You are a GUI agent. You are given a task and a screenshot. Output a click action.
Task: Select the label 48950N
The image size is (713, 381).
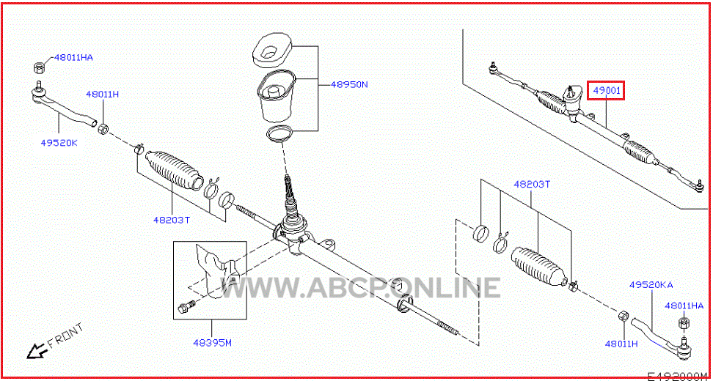click(348, 84)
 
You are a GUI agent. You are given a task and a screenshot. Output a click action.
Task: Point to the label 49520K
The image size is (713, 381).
click(59, 143)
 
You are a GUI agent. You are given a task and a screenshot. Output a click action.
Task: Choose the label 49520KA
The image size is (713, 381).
click(651, 285)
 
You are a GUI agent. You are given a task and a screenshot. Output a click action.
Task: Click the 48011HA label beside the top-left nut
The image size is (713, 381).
click(73, 58)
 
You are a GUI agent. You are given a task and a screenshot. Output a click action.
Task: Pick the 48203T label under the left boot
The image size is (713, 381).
click(171, 221)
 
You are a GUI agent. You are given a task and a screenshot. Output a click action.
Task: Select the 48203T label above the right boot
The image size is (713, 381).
click(532, 185)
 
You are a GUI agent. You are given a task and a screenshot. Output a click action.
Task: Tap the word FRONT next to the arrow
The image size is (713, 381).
click(65, 335)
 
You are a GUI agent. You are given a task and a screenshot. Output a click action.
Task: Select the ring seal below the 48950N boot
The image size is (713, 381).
click(279, 133)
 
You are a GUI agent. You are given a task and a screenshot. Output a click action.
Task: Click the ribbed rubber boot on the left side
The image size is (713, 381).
click(175, 169)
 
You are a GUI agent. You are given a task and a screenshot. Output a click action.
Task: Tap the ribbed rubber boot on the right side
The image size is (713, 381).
click(539, 267)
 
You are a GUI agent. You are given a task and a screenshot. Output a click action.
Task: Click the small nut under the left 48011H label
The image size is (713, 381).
click(103, 128)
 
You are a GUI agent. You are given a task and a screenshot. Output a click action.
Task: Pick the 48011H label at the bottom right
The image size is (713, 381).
click(621, 344)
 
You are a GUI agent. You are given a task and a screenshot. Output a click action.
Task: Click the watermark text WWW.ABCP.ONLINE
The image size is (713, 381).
click(361, 287)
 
